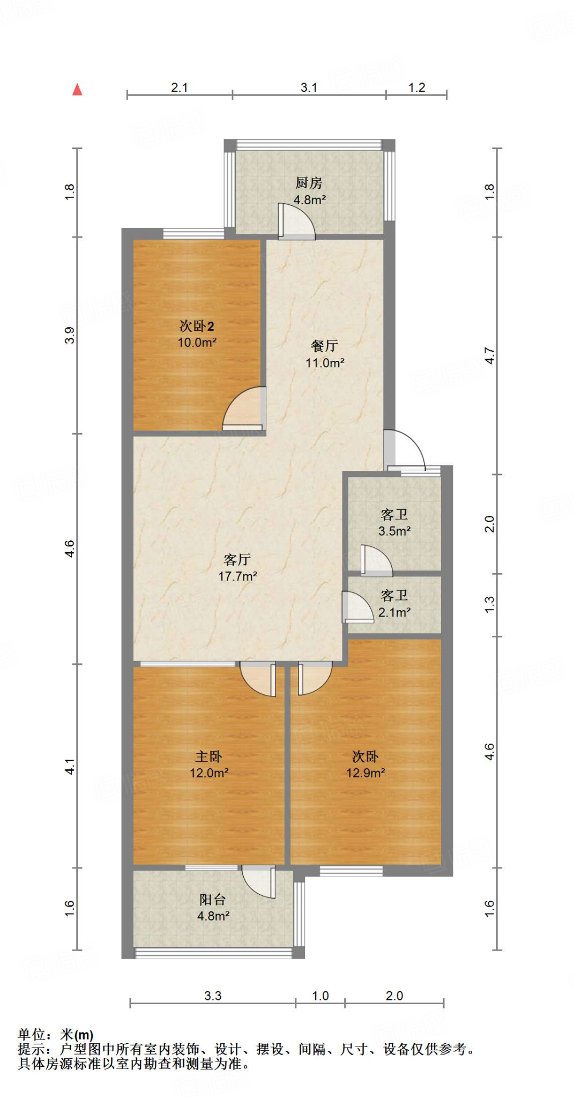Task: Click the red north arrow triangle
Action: click(77, 90)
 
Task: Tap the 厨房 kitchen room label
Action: click(309, 183)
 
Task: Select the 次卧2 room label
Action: click(197, 326)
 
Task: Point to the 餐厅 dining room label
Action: click(324, 346)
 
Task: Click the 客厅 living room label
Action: click(237, 560)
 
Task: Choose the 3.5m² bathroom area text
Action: click(394, 531)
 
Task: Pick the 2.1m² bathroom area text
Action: click(394, 612)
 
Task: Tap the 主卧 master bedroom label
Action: click(208, 756)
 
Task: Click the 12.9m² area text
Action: click(366, 773)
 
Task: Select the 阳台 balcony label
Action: click(213, 900)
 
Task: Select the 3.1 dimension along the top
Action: click(309, 87)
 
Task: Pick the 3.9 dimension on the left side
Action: click(70, 335)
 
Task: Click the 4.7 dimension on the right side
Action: click(489, 355)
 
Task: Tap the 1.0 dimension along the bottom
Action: click(320, 996)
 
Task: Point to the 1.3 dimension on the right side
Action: click(489, 605)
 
